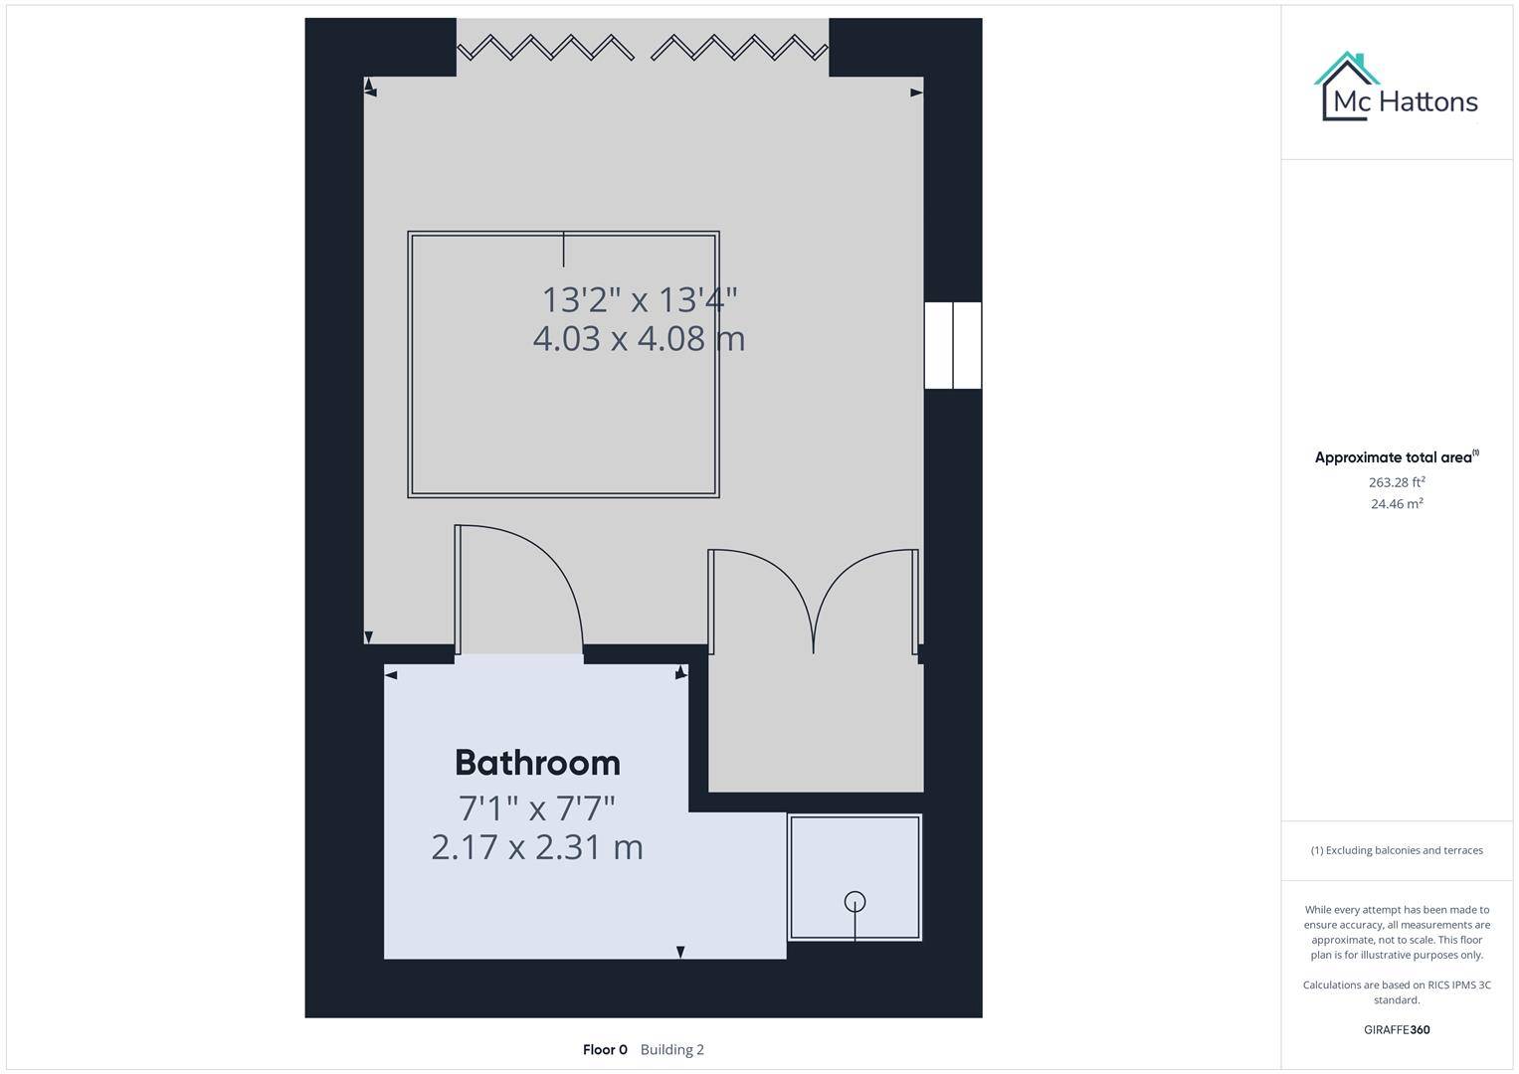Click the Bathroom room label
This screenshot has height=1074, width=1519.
[537, 763]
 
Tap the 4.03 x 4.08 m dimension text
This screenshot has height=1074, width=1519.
[639, 339]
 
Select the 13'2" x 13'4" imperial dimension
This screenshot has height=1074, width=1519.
[639, 299]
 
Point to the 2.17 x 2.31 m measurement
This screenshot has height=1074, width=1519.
[537, 847]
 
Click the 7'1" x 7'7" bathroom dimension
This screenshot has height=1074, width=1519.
[537, 806]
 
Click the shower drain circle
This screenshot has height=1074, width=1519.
[854, 901]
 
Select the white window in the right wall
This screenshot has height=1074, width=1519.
[953, 345]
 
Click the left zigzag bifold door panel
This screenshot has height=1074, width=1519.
[545, 47]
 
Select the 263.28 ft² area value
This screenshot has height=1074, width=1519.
[1397, 482]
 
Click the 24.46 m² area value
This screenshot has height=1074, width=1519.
[1397, 504]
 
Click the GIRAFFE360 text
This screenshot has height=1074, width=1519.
[1397, 1029]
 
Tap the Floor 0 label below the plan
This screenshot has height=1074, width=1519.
[605, 1049]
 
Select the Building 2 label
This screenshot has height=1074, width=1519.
[672, 1049]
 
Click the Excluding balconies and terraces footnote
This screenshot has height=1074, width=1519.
[1397, 850]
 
